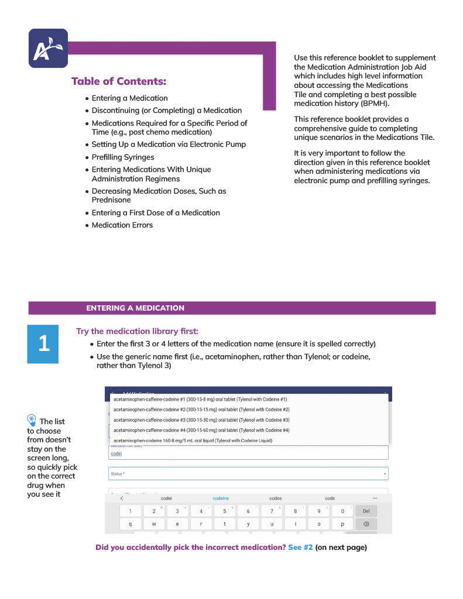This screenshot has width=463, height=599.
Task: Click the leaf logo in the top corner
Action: click(x=48, y=49)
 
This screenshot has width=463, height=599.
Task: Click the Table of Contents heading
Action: click(x=119, y=81)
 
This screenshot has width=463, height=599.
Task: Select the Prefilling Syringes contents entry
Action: click(x=123, y=157)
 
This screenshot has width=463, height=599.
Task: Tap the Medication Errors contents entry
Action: click(x=122, y=225)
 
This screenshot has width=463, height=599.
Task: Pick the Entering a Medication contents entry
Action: click(x=129, y=98)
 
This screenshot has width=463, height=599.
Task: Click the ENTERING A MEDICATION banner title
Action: click(x=135, y=308)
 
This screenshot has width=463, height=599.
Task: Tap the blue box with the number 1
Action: click(x=44, y=344)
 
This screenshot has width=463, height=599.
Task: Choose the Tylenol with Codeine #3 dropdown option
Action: click(x=201, y=420)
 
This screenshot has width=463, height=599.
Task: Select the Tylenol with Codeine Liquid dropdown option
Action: click(x=193, y=440)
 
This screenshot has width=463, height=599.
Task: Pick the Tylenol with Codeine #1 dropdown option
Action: click(x=200, y=400)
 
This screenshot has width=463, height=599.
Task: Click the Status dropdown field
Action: click(x=248, y=473)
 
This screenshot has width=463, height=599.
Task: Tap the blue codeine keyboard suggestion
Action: click(x=221, y=498)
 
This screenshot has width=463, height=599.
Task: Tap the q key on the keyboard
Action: click(x=130, y=524)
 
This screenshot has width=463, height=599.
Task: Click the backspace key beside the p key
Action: click(x=366, y=524)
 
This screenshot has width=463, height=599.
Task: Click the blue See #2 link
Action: click(x=300, y=548)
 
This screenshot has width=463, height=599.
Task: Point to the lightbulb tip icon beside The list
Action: click(x=32, y=419)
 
